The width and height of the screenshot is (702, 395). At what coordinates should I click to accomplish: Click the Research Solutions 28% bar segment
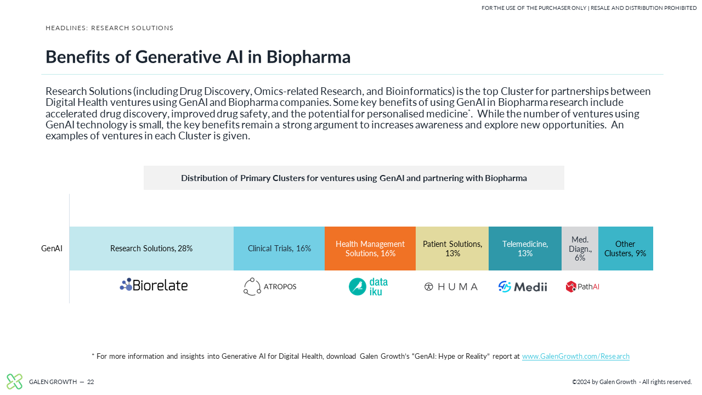pos(151,249)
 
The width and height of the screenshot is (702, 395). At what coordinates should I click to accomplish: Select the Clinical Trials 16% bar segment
pos(279,249)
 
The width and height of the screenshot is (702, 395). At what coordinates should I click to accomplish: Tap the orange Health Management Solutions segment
pos(370,249)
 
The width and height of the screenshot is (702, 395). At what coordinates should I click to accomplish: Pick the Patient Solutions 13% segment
pos(452,249)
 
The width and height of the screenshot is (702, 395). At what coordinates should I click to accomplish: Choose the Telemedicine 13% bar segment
pos(525,249)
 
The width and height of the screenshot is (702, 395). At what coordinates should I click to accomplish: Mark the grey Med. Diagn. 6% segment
pos(580,249)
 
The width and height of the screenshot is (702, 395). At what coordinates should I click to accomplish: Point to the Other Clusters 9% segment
pos(626,249)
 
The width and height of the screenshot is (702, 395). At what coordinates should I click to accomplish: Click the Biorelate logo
pos(154,285)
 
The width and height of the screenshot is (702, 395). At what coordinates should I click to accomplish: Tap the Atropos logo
pos(270,286)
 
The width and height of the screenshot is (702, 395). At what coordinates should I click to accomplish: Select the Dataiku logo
pos(368,286)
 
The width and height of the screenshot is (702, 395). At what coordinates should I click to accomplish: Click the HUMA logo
pos(451,286)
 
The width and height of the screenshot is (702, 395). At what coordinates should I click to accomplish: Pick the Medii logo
pos(523,286)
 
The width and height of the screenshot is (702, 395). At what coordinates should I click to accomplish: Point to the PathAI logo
pos(582,286)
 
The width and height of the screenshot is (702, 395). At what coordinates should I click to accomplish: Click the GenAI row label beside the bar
pos(52,249)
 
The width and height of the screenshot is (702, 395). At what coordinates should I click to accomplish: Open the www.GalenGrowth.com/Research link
pos(575,356)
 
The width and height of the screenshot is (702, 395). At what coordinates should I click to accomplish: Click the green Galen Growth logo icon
pos(14,381)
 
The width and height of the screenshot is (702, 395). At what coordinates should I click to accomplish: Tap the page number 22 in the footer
pos(90,382)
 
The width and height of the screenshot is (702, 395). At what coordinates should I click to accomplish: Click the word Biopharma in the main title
pos(308,57)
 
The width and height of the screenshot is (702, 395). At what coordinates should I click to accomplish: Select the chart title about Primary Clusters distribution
pos(354,178)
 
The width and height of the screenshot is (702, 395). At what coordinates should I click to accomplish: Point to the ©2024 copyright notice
pos(632,382)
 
